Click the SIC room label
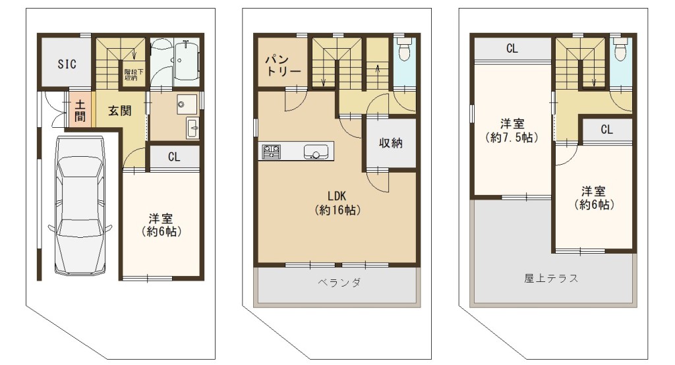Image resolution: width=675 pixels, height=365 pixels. [x=67, y=65]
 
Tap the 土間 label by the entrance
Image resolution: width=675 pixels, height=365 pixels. [x=80, y=111]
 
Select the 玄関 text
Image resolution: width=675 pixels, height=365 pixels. [x=120, y=111]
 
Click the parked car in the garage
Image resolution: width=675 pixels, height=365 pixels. [x=80, y=206]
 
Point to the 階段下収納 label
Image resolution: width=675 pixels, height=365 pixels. [x=131, y=75]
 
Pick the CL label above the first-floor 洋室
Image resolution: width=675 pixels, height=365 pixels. [x=174, y=157]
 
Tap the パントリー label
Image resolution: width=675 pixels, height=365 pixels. [x=282, y=65]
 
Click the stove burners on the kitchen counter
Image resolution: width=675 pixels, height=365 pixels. [x=271, y=152]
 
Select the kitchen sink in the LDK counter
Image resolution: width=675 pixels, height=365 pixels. [x=316, y=152]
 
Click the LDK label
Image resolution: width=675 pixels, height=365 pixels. [x=337, y=196]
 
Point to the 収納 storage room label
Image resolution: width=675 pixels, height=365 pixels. [x=390, y=142]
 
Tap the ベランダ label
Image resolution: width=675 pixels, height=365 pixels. [x=339, y=283]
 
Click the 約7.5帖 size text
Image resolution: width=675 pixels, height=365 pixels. [x=512, y=138]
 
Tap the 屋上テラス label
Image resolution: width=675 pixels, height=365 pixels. [x=551, y=278]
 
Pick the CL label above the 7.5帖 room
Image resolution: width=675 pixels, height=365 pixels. [x=512, y=49]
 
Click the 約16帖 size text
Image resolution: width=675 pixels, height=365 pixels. [x=337, y=210]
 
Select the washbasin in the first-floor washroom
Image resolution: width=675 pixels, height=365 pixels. [x=187, y=104]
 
